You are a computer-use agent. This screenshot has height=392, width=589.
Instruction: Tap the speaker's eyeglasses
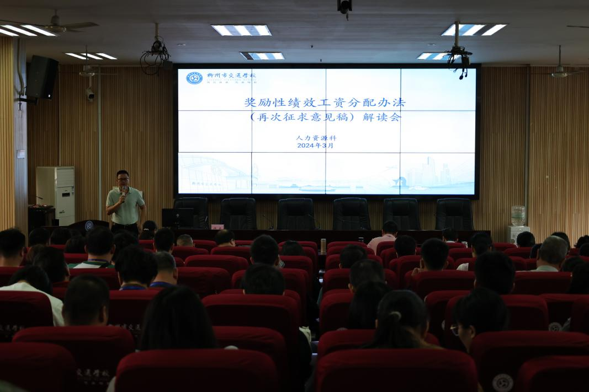(x=123, y=179)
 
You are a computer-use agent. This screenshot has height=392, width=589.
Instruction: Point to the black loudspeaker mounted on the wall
(x=43, y=77)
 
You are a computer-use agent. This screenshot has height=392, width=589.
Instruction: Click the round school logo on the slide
(x=194, y=78)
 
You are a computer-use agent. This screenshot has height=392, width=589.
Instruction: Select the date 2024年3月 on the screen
(x=315, y=146)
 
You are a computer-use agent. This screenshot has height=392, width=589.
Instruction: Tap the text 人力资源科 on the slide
(x=316, y=138)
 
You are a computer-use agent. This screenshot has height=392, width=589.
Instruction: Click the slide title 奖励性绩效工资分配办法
(x=325, y=103)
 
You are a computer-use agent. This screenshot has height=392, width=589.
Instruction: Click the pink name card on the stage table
(x=217, y=227)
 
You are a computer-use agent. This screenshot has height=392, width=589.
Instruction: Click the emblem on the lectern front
(x=89, y=225)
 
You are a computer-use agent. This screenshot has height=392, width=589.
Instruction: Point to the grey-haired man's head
(x=552, y=251)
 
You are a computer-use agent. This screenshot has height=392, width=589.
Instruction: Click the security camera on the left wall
(x=89, y=94)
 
